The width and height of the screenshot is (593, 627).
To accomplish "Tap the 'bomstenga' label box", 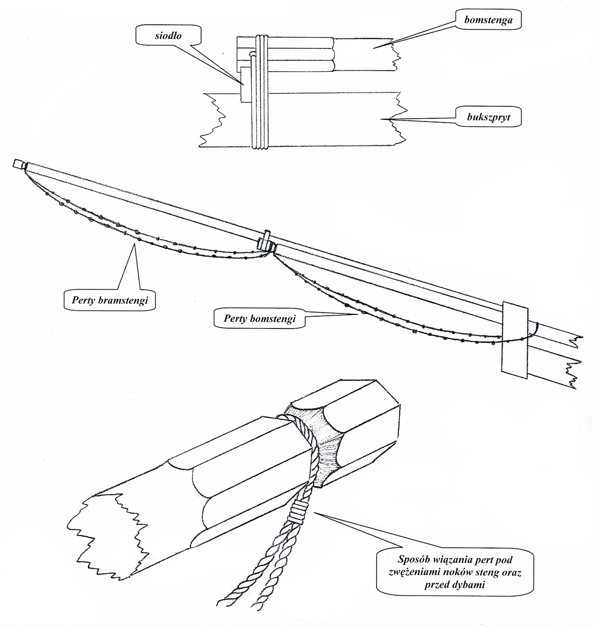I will [x=488, y=20].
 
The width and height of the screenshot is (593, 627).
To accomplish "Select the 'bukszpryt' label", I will [x=488, y=117].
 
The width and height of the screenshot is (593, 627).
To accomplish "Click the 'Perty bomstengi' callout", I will [x=260, y=319].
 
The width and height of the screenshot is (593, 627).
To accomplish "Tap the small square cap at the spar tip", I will [x=19, y=163].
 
